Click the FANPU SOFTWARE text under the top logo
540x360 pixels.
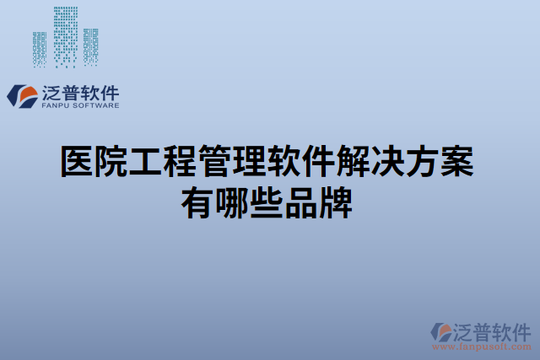(x=80, y=106)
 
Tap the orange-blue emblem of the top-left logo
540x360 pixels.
(x=23, y=95)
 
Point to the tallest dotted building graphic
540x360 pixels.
(x=65, y=34)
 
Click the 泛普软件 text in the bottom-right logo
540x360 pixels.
(x=493, y=330)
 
